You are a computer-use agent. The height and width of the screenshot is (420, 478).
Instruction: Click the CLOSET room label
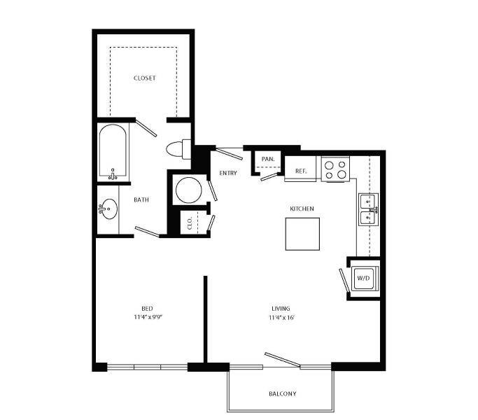[144, 78]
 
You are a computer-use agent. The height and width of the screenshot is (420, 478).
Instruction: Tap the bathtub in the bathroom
[112, 151]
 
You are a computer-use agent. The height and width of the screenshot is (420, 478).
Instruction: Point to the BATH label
[141, 200]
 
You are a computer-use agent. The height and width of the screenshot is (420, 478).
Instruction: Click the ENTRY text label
[228, 173]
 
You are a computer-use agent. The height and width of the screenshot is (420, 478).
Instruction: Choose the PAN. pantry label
[267, 159]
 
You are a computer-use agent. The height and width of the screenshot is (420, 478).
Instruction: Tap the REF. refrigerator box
[301, 171]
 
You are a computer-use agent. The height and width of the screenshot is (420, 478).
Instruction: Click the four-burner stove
[335, 169]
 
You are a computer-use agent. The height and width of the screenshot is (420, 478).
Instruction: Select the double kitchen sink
[369, 210]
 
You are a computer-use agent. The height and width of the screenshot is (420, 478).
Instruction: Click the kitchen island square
[302, 234]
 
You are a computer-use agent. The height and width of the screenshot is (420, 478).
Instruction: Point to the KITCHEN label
[302, 209]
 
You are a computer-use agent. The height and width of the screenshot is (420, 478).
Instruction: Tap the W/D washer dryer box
[364, 278]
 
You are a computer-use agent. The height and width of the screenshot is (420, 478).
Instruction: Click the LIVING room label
[281, 308]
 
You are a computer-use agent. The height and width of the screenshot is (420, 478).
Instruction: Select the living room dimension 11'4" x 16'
[281, 317]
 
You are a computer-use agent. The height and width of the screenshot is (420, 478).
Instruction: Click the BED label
[147, 308]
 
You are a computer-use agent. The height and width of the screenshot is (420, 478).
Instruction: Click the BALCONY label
[282, 393]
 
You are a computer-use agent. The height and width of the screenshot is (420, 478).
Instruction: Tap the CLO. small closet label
[190, 223]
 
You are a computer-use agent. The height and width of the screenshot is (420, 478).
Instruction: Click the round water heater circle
[188, 189]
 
